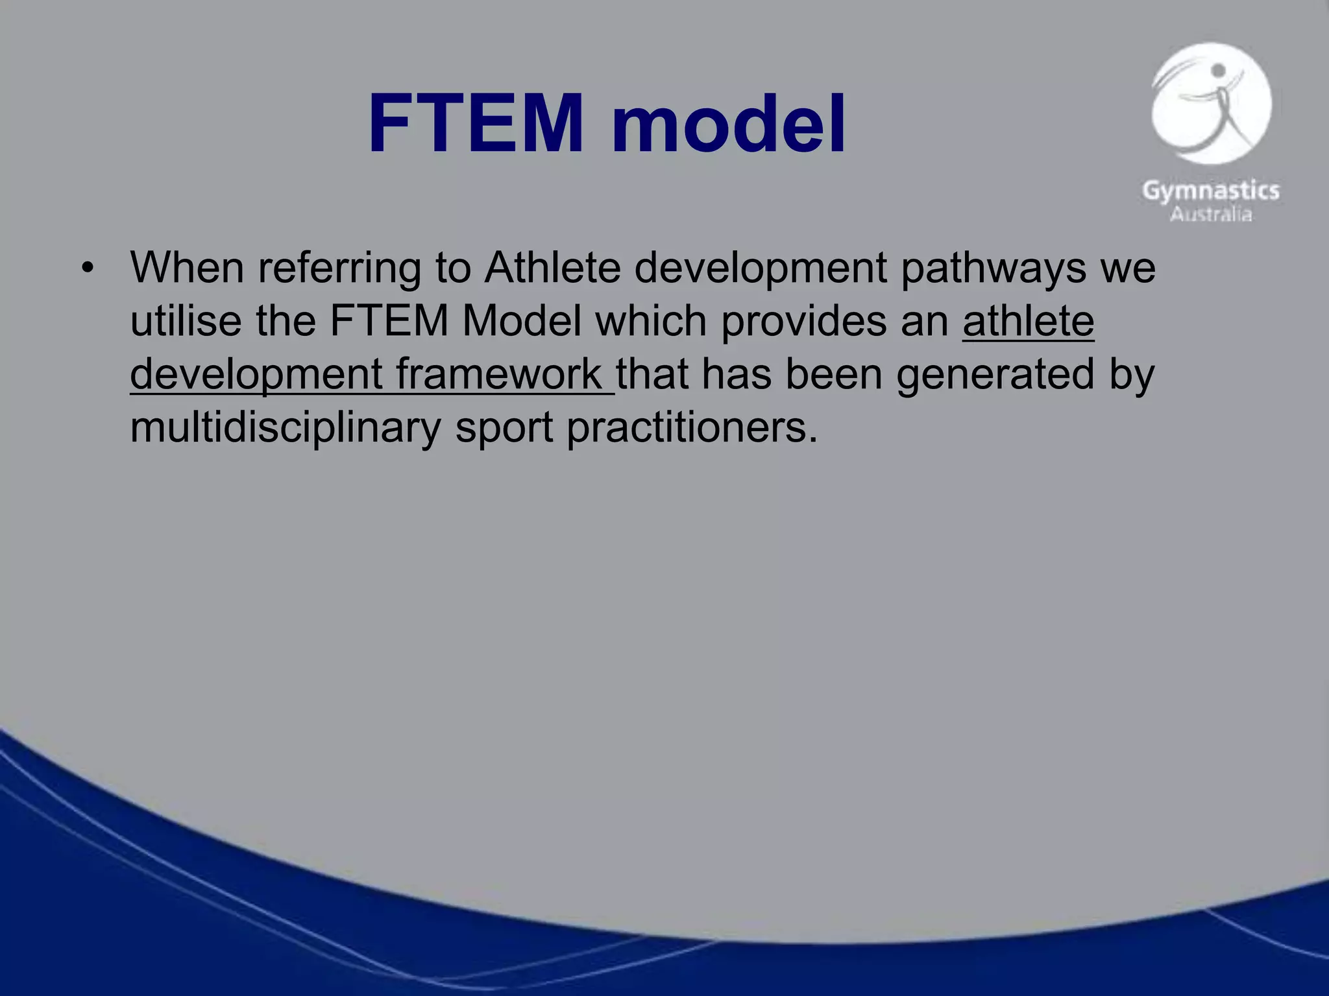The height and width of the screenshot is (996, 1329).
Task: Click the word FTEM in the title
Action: [476, 123]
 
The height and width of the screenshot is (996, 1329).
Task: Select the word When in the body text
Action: [187, 267]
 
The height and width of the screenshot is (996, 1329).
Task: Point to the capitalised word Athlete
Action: [552, 267]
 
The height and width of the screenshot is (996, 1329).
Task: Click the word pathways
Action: [993, 267]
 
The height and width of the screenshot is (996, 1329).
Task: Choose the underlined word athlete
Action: [1028, 321]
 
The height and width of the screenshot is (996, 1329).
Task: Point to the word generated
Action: [995, 374]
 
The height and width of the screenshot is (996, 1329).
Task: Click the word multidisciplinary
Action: [286, 427]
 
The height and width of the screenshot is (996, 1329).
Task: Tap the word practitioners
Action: [692, 427]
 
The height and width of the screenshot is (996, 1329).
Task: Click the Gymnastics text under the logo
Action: [1211, 191]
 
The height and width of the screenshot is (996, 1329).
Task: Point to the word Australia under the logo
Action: [1211, 214]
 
